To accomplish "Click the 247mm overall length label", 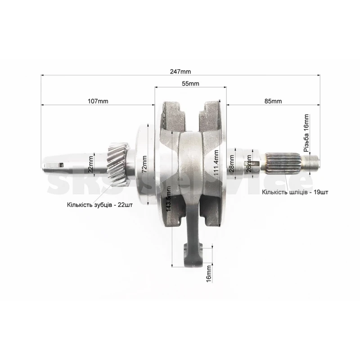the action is pyautogui.click(x=180, y=72).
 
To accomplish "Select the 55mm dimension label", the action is pyautogui.click(x=190, y=84).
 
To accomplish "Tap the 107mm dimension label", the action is pyautogui.click(x=98, y=101).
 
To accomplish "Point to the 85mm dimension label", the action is pyautogui.click(x=273, y=101).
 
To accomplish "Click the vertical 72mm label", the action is pyautogui.click(x=144, y=164).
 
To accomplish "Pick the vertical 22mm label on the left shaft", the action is pyautogui.click(x=91, y=164).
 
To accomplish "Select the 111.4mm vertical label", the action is pyautogui.click(x=216, y=162).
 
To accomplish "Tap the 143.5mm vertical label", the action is pyautogui.click(x=168, y=199).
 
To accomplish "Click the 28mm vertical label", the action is pyautogui.click(x=232, y=163).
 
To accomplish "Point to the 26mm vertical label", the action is pyautogui.click(x=249, y=163).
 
